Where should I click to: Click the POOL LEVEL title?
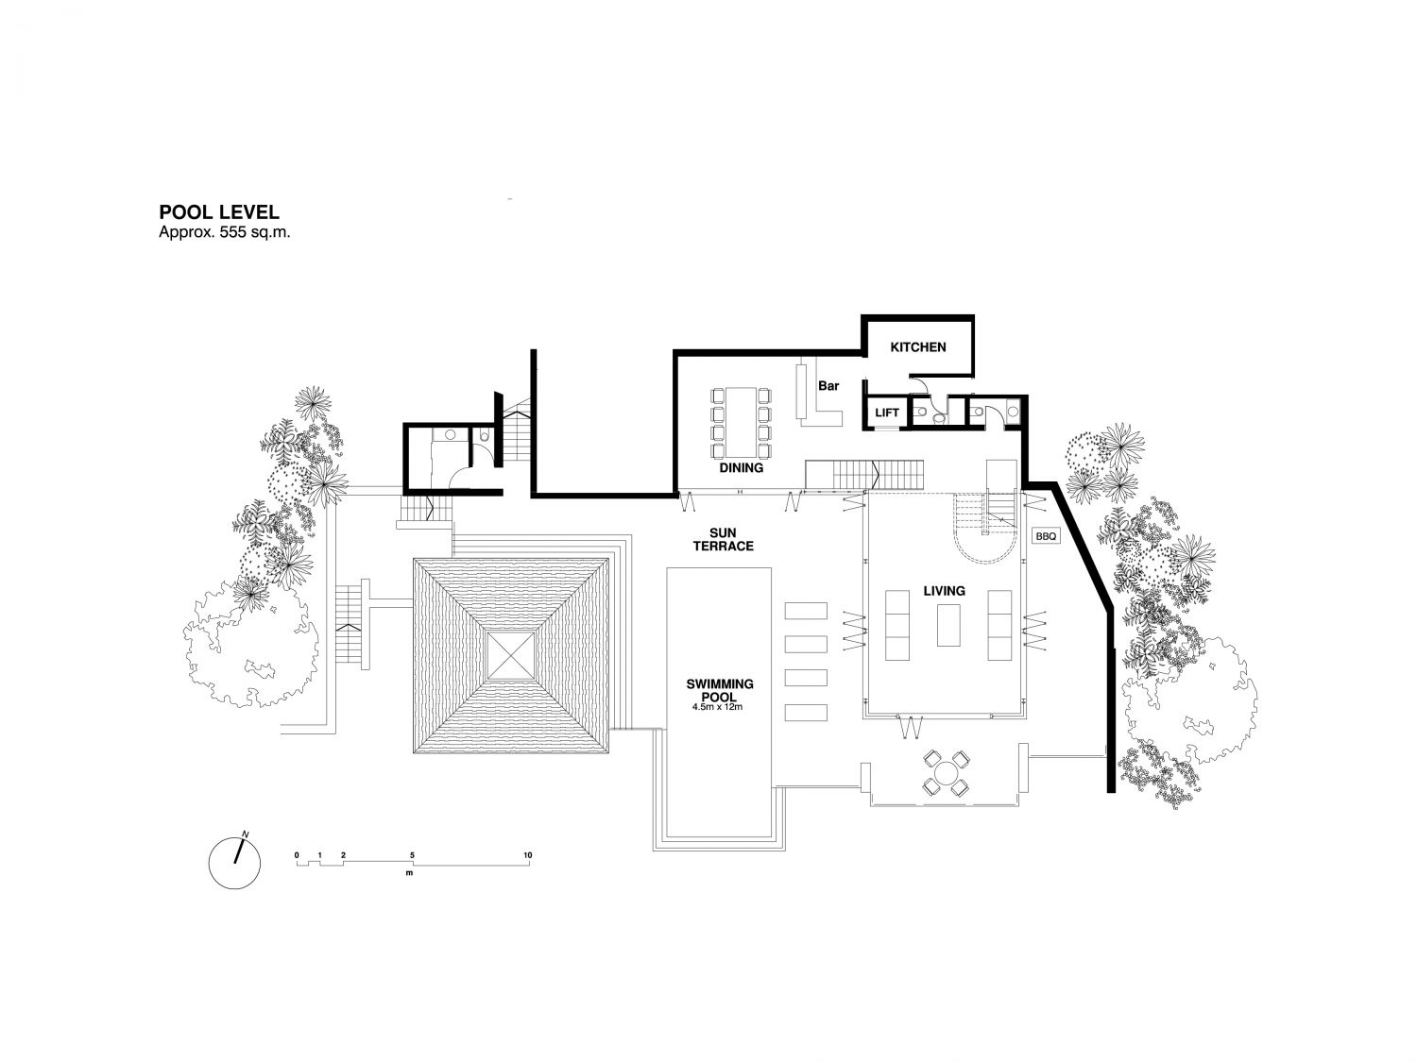pyautogui.click(x=219, y=212)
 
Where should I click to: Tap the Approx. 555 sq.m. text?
pyautogui.click(x=224, y=233)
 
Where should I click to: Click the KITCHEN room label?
pyautogui.click(x=917, y=346)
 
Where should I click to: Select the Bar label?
pyautogui.click(x=828, y=385)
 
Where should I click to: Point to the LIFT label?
pyautogui.click(x=886, y=413)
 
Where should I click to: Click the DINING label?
pyautogui.click(x=742, y=467)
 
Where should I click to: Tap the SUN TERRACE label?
pyautogui.click(x=723, y=540)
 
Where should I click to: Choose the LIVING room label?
pyautogui.click(x=944, y=591)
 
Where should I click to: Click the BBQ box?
pyautogui.click(x=1046, y=536)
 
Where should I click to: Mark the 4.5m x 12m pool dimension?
pyautogui.click(x=717, y=707)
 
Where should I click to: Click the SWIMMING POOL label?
pyautogui.click(x=719, y=690)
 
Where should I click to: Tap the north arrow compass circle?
pyautogui.click(x=235, y=864)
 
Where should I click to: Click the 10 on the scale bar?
pyautogui.click(x=527, y=855)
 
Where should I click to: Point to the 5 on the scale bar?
pyautogui.click(x=412, y=855)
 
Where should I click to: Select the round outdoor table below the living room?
pyautogui.click(x=946, y=772)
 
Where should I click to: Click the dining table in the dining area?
pyautogui.click(x=742, y=422)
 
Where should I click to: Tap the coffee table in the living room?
pyautogui.click(x=948, y=625)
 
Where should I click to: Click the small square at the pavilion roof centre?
pyautogui.click(x=511, y=655)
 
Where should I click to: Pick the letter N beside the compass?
pyautogui.click(x=245, y=834)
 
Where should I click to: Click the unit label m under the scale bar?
pyautogui.click(x=409, y=873)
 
